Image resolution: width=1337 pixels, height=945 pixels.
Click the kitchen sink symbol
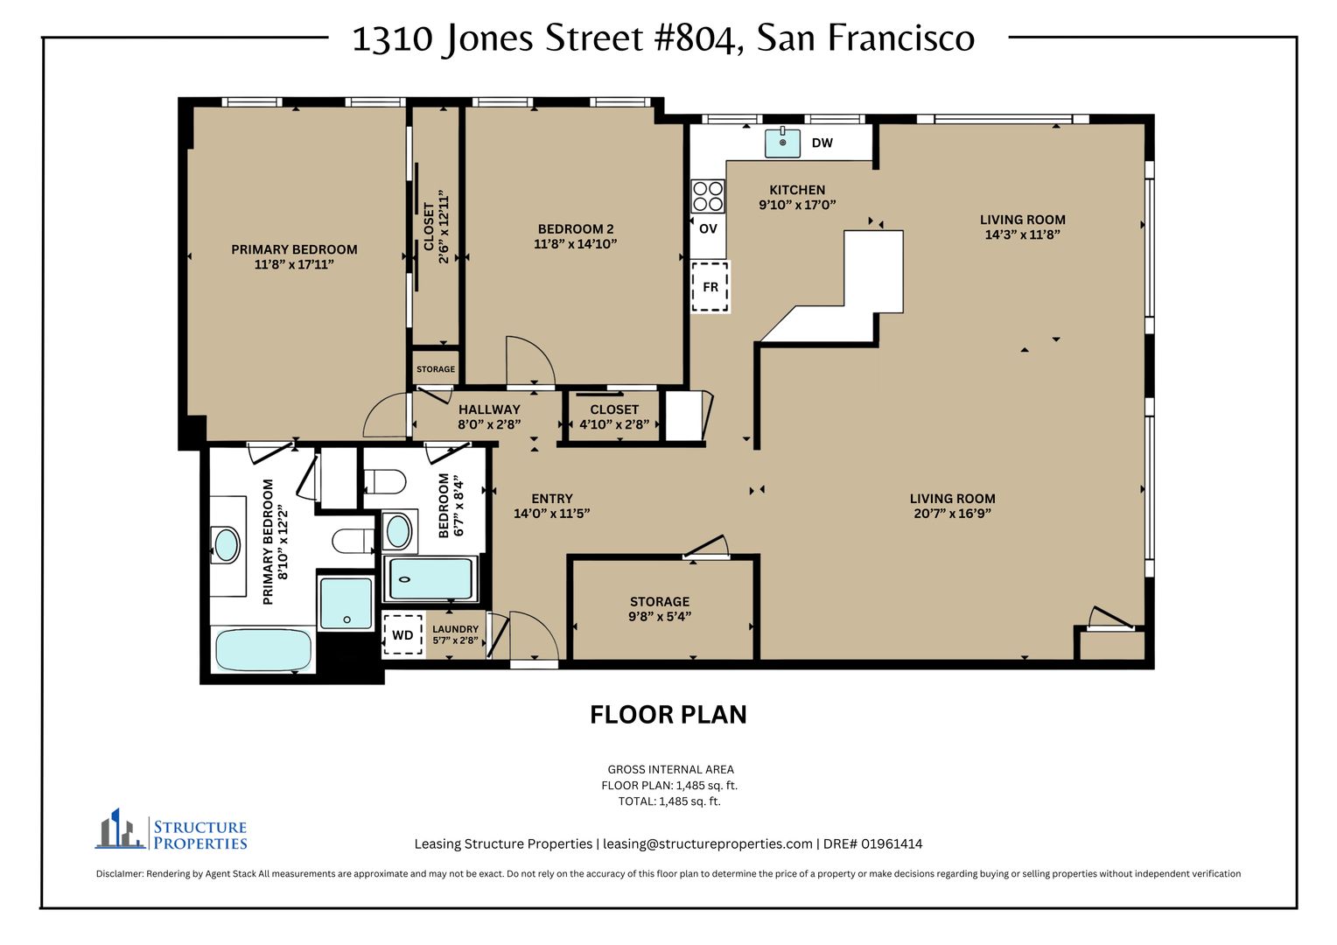(x=782, y=143)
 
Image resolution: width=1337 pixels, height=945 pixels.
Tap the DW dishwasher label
(x=822, y=143)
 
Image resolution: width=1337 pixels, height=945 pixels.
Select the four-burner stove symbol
(x=708, y=196)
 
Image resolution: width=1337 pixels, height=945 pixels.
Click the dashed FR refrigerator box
(x=710, y=286)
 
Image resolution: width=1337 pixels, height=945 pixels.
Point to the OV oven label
(x=708, y=228)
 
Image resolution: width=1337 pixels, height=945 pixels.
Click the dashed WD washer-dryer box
(x=402, y=635)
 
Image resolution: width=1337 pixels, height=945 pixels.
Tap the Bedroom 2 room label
(x=576, y=228)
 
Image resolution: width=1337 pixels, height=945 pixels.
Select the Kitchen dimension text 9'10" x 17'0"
(x=797, y=205)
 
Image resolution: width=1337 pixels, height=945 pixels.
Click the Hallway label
(x=489, y=409)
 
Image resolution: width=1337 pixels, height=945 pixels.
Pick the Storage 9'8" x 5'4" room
(x=660, y=609)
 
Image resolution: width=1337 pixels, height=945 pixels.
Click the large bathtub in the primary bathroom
(x=263, y=650)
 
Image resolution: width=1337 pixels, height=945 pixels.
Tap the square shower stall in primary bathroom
(x=346, y=604)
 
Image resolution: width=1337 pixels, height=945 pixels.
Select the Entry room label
(x=552, y=499)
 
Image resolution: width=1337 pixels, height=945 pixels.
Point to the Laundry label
(x=455, y=629)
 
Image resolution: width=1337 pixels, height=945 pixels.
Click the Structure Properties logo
(x=171, y=829)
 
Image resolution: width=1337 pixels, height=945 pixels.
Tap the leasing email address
(x=707, y=844)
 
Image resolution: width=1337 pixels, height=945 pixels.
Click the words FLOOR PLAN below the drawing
(x=668, y=715)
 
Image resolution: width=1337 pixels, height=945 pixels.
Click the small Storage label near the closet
(x=436, y=369)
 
